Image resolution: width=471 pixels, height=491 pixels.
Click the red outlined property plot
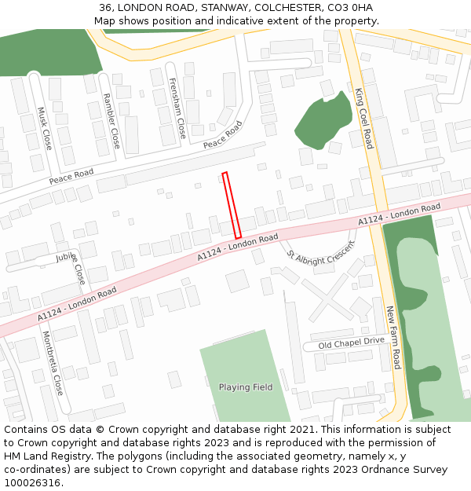[232, 205]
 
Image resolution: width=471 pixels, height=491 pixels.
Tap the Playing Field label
[246, 387]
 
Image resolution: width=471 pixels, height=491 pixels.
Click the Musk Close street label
[45, 129]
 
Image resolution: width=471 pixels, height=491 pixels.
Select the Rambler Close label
[111, 121]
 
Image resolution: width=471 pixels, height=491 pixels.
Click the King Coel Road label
[363, 118]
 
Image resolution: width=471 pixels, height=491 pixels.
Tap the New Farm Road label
[393, 338]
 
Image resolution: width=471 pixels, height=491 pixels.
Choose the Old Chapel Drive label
[351, 343]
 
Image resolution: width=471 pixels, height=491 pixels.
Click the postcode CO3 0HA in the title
[350, 8]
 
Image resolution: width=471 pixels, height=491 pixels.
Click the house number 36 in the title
[106, 8]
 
